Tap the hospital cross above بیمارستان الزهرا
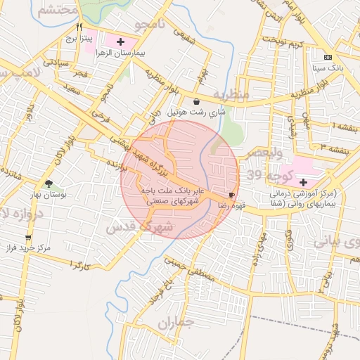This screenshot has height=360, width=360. coord(121,41)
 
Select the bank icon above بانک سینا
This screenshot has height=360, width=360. coord(328,56)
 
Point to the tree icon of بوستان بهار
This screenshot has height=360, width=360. coord(48,184)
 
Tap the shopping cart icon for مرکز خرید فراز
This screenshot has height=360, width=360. coord(27,237)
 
